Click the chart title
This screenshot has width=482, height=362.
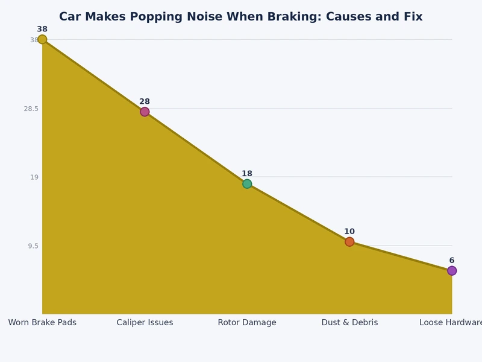pos(241,17)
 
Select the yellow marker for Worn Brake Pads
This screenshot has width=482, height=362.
pos(42,40)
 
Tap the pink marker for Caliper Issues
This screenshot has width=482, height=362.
pos(145,112)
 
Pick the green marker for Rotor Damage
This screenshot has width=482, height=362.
pos(247,184)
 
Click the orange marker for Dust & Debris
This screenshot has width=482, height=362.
pos(349,242)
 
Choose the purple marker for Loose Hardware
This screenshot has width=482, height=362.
pos(452,271)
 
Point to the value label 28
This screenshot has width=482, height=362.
pos(145,102)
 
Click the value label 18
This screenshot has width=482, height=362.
pos(247,174)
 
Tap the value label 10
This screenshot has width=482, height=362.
pos(349,232)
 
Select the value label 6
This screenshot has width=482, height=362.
pos(452,261)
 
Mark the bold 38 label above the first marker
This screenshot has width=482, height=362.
pos(42,30)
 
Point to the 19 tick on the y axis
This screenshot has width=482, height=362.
pos(34,177)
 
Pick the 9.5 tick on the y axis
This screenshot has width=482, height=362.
pos(32,246)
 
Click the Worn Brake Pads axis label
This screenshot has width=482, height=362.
pos(42,323)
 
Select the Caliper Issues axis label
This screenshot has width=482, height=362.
pos(145,323)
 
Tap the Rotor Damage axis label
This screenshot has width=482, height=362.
pos(247,323)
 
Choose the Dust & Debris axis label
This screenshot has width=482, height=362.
pos(349,323)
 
